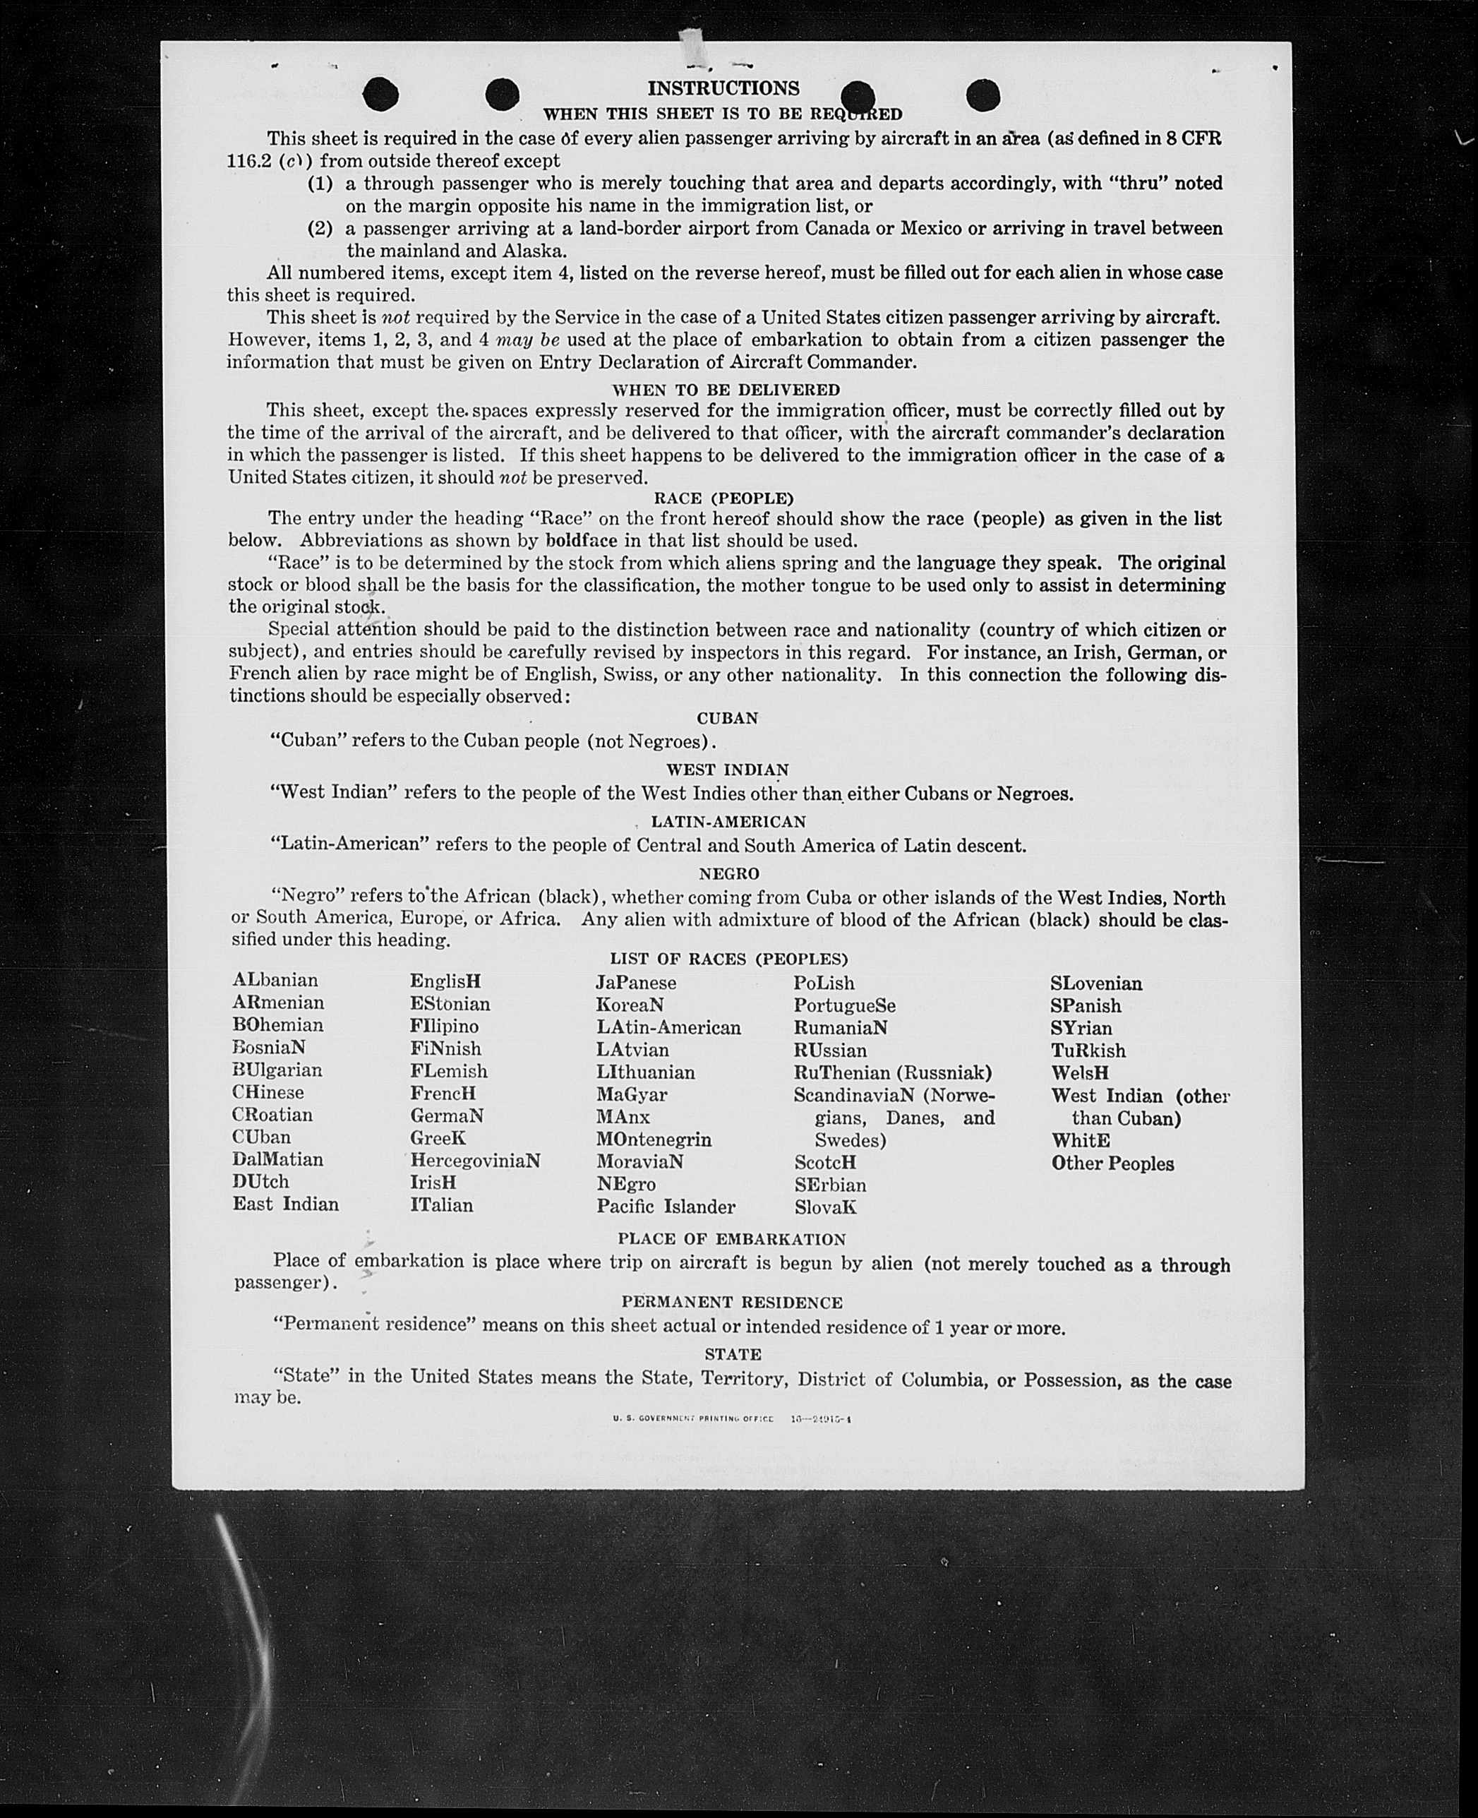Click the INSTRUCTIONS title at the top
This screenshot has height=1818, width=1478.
click(723, 88)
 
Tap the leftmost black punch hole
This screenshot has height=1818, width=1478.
click(380, 95)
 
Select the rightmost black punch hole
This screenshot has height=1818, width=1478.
click(983, 95)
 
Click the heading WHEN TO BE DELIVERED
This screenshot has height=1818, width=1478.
click(726, 390)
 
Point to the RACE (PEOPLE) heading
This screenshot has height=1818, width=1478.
click(723, 498)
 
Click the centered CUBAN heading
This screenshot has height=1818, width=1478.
click(727, 718)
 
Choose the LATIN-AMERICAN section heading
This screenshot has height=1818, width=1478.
click(728, 822)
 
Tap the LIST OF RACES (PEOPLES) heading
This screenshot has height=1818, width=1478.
click(729, 959)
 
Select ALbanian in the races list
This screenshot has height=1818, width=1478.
click(275, 980)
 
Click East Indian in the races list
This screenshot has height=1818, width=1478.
click(285, 1204)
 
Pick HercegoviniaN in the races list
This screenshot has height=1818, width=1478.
click(475, 1161)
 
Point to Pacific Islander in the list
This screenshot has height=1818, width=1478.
click(665, 1207)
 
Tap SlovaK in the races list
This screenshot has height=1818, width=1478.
click(825, 1207)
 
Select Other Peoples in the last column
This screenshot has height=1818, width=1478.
click(1112, 1164)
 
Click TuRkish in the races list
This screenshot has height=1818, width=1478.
click(1088, 1051)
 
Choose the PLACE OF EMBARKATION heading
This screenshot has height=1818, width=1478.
click(731, 1239)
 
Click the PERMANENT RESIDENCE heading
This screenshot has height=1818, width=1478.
click(731, 1302)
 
